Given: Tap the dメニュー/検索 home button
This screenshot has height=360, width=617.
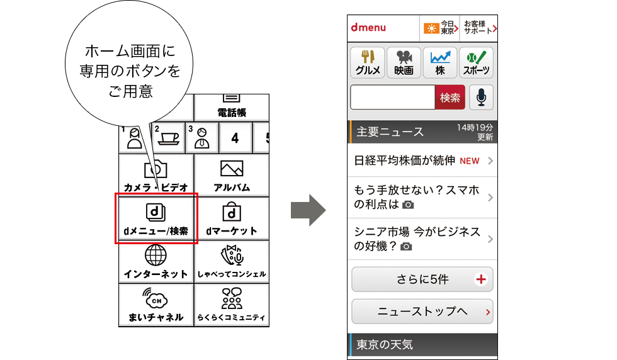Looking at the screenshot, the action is pyautogui.click(x=156, y=218).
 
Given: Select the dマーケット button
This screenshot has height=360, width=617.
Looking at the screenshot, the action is pyautogui.click(x=232, y=218).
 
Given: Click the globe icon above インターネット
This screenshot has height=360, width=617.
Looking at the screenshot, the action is pyautogui.click(x=156, y=255).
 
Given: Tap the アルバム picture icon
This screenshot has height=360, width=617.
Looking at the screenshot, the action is pyautogui.click(x=232, y=169).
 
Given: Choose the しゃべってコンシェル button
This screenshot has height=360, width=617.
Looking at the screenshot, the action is pyautogui.click(x=232, y=262).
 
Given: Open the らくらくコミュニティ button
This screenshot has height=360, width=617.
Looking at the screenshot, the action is pyautogui.click(x=232, y=305).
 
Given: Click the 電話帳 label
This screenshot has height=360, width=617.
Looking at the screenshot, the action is pyautogui.click(x=232, y=113).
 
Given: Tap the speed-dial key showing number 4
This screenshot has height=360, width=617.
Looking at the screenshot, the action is pyautogui.click(x=235, y=138).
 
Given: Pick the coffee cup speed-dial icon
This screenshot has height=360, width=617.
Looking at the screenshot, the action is pyautogui.click(x=169, y=138).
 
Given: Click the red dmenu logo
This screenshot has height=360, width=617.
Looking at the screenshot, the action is pyautogui.click(x=368, y=28).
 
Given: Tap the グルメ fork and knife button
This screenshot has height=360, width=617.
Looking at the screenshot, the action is pyautogui.click(x=368, y=62).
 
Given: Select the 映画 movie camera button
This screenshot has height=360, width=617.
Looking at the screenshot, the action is pyautogui.click(x=404, y=62).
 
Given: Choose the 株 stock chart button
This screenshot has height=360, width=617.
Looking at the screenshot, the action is pyautogui.click(x=440, y=62).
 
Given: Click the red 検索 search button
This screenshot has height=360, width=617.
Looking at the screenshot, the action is pyautogui.click(x=450, y=97).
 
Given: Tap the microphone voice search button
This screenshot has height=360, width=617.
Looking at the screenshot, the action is pyautogui.click(x=481, y=97).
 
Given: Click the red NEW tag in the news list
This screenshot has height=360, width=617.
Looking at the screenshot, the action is pyautogui.click(x=470, y=161).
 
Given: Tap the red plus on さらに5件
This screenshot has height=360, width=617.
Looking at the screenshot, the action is pyautogui.click(x=481, y=279).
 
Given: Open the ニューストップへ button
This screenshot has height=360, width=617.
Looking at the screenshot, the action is pyautogui.click(x=422, y=312).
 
